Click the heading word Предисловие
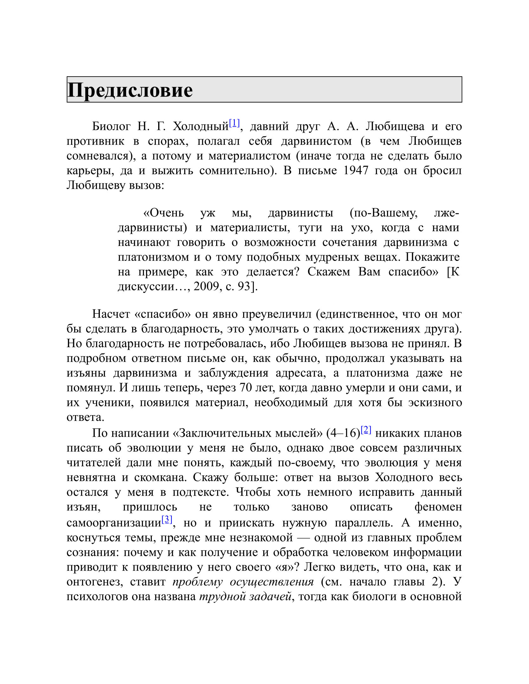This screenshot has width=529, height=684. click(130, 90)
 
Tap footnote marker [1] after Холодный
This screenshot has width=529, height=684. click(234, 123)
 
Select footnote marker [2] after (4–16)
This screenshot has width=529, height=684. click(366, 430)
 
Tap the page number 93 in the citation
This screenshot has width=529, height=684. click(244, 286)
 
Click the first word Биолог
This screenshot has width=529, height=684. click(111, 126)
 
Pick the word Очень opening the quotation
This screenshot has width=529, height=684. click(164, 213)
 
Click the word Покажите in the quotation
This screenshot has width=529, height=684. click(432, 257)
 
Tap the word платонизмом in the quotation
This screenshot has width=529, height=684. click(153, 257)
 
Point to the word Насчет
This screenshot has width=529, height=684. click(111, 314)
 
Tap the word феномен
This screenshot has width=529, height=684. click(438, 507)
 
